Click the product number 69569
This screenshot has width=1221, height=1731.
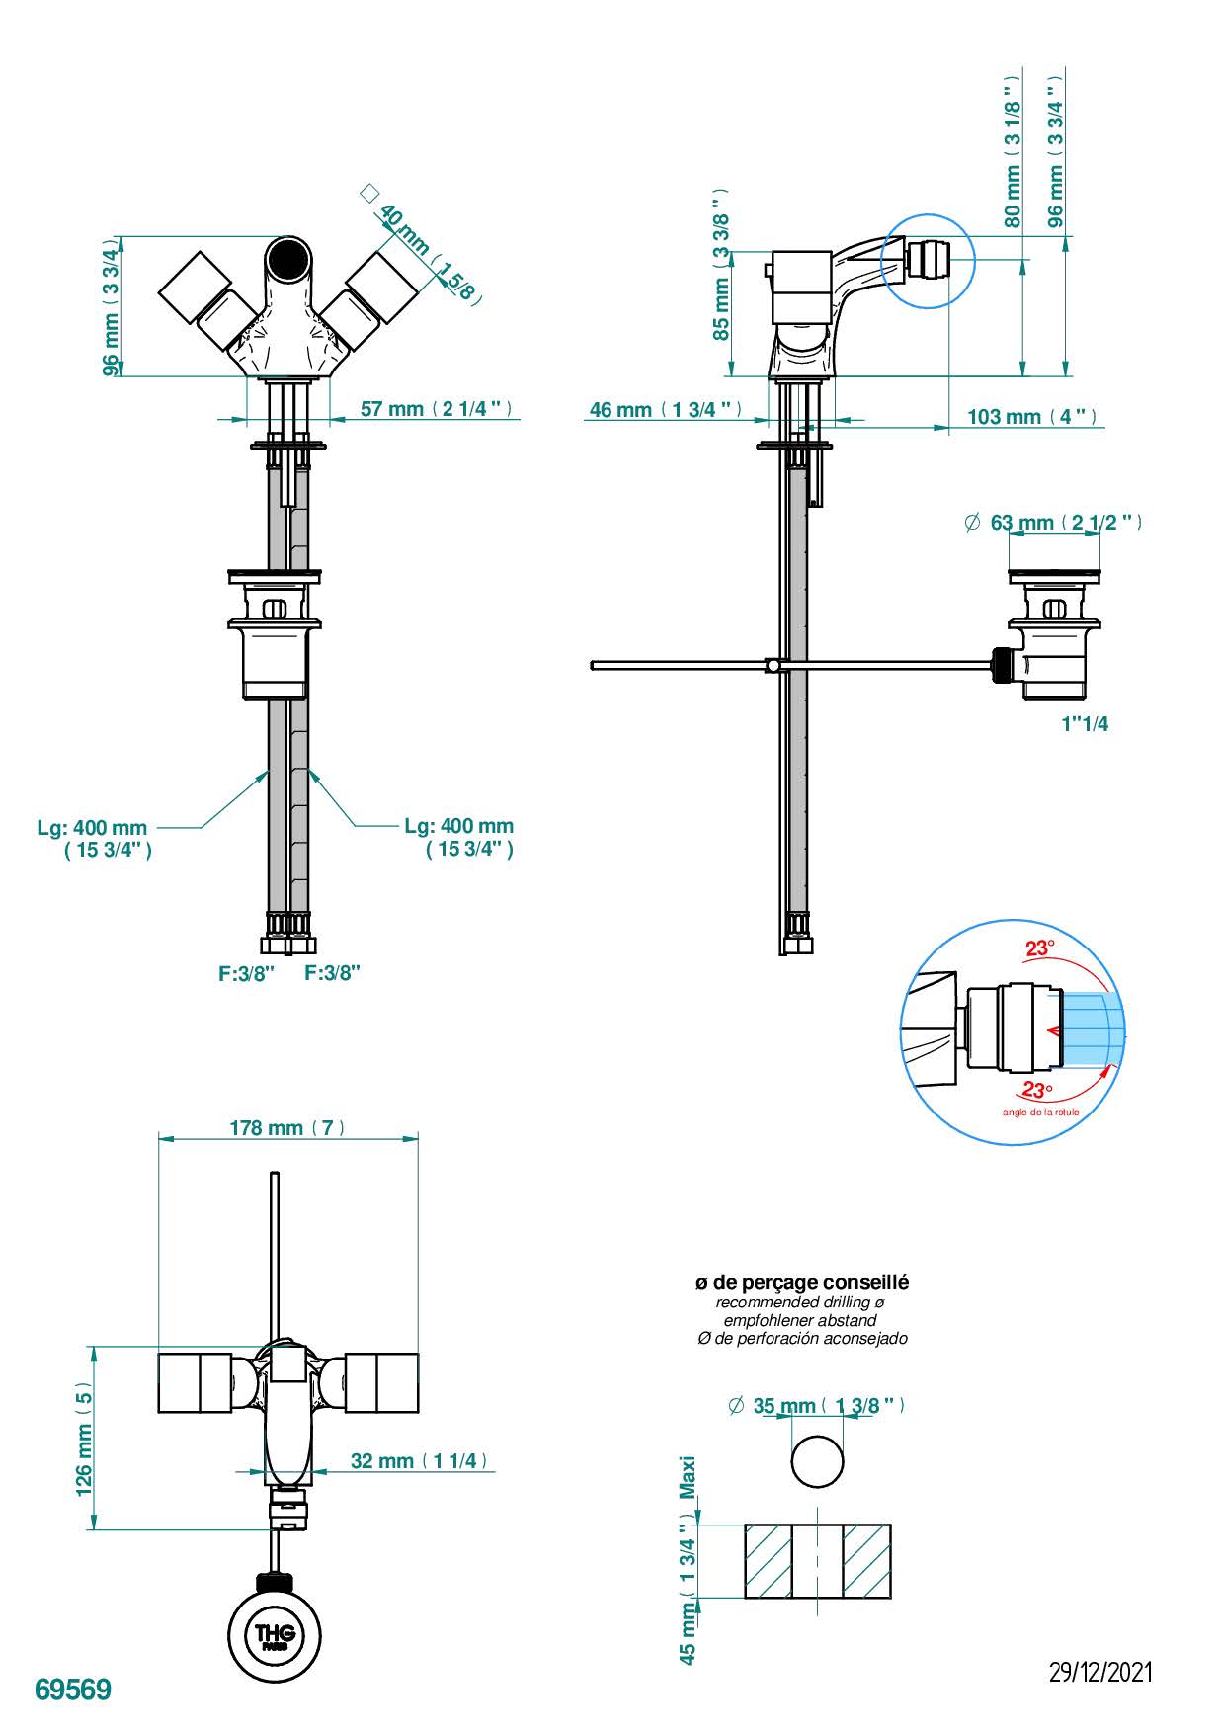click(73, 1690)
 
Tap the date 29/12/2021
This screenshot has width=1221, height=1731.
click(1100, 1672)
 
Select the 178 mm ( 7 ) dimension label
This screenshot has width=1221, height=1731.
click(286, 1127)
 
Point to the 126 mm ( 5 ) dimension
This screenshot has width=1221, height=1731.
click(84, 1439)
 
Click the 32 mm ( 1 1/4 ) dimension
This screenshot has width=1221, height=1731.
click(419, 1460)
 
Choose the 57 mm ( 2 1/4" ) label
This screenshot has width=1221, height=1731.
click(437, 409)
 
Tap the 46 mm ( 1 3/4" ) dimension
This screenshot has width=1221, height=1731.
click(665, 409)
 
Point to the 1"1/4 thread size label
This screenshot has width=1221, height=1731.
click(1085, 723)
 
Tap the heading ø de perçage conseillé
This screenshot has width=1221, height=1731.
click(801, 1282)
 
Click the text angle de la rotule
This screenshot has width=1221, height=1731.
click(1040, 1113)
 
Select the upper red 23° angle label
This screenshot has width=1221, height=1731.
click(1039, 948)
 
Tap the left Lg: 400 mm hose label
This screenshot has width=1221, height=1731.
click(92, 827)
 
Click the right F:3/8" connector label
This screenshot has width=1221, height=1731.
click(332, 972)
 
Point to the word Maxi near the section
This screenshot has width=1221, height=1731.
click(689, 1477)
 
